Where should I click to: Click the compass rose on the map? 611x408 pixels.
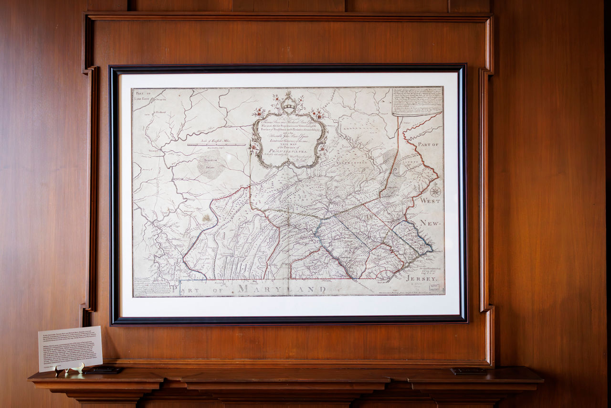pos(435,192)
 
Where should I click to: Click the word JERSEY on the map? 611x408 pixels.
pos(421,278)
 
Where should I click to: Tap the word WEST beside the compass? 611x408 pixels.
pos(430,201)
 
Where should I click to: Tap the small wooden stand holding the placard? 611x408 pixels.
pos(69,369)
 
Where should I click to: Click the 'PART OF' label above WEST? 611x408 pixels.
pos(428,144)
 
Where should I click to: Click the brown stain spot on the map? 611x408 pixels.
pos(206,218)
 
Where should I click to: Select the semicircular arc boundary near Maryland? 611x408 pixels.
pos(385,274)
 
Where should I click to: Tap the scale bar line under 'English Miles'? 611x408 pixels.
pos(216,144)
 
